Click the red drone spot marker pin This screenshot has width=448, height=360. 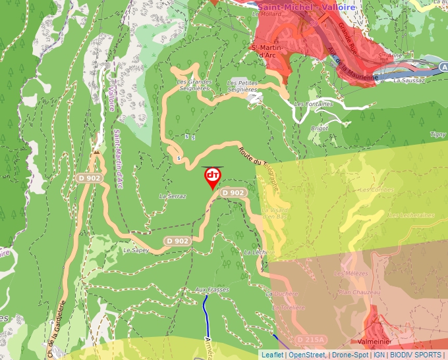pyautogui.click(x=212, y=177)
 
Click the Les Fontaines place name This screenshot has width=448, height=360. pyautogui.click(x=314, y=104)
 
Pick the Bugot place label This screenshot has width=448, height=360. pyautogui.click(x=319, y=128)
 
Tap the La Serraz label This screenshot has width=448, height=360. pyautogui.click(x=173, y=196)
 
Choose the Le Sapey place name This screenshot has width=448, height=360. pyautogui.click(x=136, y=250)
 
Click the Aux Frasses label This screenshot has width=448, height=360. pyautogui.click(x=211, y=290)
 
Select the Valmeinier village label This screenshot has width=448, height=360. pyautogui.click(x=376, y=342)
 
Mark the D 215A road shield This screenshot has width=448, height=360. pyautogui.click(x=310, y=339)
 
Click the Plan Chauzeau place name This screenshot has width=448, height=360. pyautogui.click(x=359, y=292)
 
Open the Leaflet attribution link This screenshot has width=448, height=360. pyautogui.click(x=271, y=355)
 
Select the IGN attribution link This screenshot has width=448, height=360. pyautogui.click(x=379, y=355)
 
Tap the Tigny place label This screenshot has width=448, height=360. pyautogui.click(x=437, y=134)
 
